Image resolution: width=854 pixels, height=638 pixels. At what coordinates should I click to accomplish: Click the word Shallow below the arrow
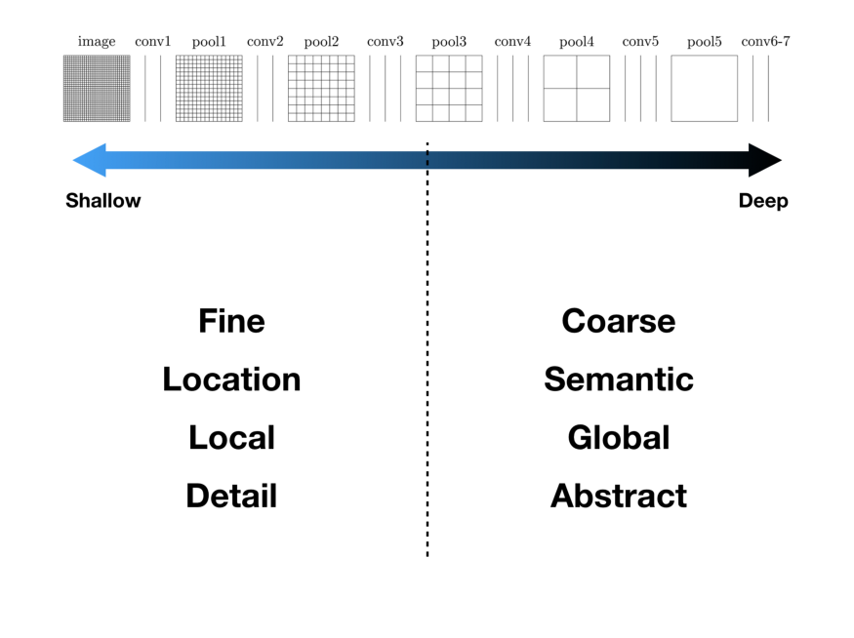pos(103,201)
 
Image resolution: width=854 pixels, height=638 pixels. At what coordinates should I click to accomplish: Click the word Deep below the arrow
pos(762,201)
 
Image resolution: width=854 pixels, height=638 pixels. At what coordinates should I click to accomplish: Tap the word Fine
pos(231,321)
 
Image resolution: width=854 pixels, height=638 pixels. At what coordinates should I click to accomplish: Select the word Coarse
pos(618,321)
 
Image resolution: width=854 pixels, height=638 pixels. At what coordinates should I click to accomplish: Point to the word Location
pos(231,379)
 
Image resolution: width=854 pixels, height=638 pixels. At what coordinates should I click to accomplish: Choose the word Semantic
pos(618,379)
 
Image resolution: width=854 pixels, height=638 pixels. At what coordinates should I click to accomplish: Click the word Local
pos(231,438)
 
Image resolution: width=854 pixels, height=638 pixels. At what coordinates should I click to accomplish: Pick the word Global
pos(618,438)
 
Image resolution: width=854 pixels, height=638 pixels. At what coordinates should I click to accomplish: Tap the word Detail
pos(231,496)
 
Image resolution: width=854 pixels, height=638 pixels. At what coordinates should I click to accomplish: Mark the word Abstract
pos(618,496)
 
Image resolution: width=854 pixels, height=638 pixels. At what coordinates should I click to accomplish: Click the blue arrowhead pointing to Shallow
pos(89,160)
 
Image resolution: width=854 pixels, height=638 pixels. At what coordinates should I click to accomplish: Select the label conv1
pos(152,42)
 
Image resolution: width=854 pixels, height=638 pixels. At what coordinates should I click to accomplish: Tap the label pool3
pos(449,42)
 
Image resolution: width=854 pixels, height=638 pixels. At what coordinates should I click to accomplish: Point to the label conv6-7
pos(765,42)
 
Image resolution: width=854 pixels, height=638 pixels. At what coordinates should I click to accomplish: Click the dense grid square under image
pos(97,89)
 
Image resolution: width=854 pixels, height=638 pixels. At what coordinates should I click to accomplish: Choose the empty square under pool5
pos(704,89)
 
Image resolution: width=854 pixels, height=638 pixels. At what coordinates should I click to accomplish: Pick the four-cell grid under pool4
pos(576,89)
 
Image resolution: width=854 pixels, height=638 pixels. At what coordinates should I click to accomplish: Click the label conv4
pos(512,42)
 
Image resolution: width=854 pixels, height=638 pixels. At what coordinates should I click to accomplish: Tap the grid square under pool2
pos(321,89)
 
